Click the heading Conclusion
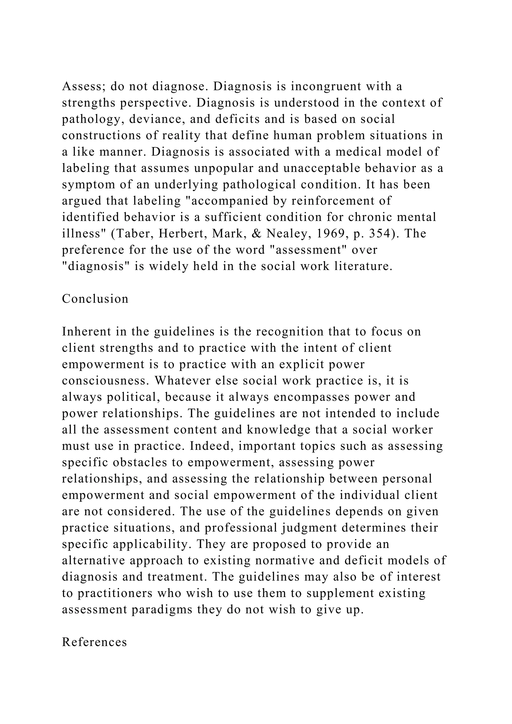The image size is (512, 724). [95, 299]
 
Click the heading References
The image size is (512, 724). [94, 642]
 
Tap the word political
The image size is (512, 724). [134, 397]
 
